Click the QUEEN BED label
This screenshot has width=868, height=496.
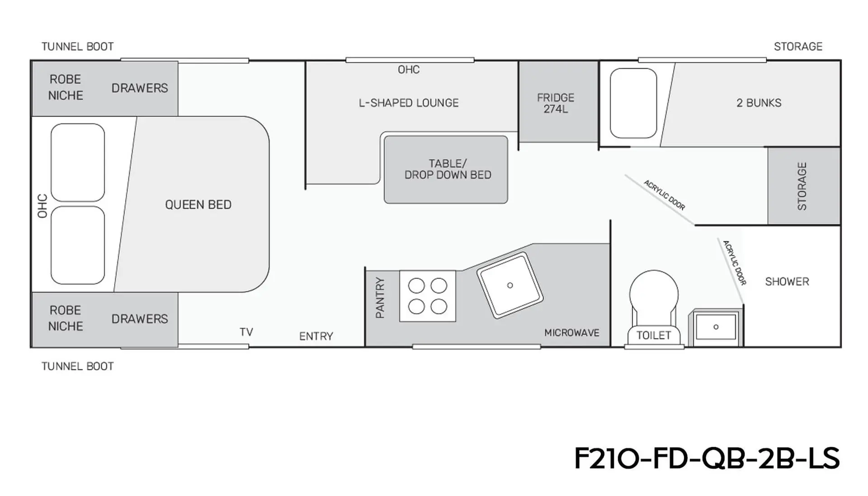click(198, 205)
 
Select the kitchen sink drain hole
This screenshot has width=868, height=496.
click(510, 285)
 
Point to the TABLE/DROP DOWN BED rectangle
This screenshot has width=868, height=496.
click(446, 170)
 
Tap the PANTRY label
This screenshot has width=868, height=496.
click(380, 298)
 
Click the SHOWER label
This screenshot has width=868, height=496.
click(787, 282)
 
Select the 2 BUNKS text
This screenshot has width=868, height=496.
click(759, 103)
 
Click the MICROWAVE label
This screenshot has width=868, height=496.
click(571, 333)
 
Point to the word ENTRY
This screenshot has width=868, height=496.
click(316, 336)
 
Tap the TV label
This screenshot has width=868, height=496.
click(246, 332)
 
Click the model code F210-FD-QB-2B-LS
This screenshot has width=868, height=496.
click(707, 458)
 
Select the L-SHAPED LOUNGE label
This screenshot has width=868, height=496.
click(409, 103)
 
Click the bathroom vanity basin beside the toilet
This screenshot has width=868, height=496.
click(716, 327)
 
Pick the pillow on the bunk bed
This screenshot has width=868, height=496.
click(633, 103)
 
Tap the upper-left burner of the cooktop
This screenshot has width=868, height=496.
click(416, 286)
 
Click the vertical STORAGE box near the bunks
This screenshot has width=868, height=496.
click(804, 186)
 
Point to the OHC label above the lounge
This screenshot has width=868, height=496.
click(409, 70)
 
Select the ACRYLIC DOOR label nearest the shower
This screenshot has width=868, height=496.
click(734, 263)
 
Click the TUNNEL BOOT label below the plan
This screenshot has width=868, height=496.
click(78, 366)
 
